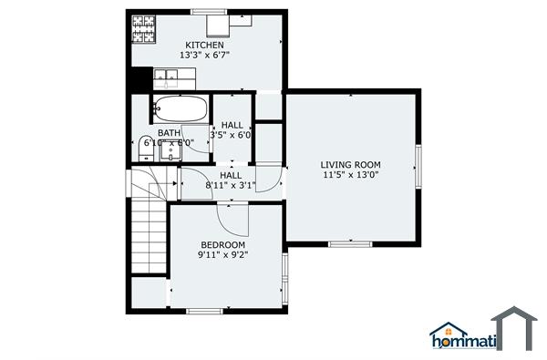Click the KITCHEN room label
[x=204, y=45]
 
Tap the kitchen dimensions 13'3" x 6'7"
[x=204, y=56]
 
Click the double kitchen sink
[x=165, y=77]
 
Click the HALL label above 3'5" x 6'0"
[x=232, y=125]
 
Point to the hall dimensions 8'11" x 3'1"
[x=231, y=185]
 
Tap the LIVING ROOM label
[x=350, y=164]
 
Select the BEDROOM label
[x=222, y=245]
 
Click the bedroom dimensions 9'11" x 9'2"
[x=222, y=256]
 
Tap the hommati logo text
[x=463, y=342]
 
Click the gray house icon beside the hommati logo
[x=515, y=328]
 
